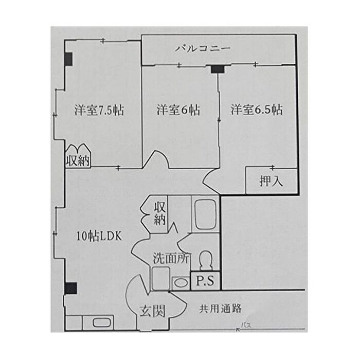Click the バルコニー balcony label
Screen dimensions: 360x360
[202, 49]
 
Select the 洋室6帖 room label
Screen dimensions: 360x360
[178, 110]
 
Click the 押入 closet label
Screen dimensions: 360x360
[271, 182]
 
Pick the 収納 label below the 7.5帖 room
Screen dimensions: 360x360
[78, 160]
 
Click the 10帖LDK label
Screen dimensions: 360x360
[99, 237]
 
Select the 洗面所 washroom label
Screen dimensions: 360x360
[171, 259]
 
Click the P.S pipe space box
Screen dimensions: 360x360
[206, 281]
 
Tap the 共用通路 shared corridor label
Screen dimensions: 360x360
[221, 309]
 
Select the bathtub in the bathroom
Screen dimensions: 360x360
[205, 215]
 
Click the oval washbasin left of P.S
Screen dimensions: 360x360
[180, 282]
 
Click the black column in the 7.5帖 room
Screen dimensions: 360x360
[68, 59]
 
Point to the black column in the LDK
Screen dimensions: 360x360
[70, 288]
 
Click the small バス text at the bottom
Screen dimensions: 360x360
[246, 326]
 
